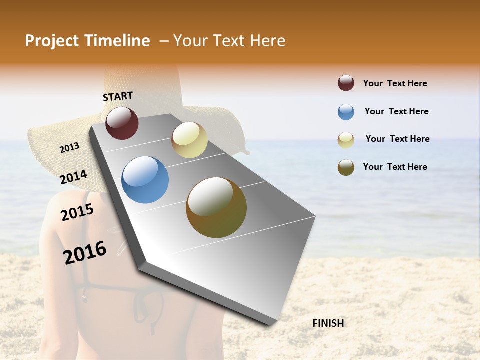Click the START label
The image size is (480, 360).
coord(118,96)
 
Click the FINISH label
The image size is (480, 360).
coord(328,323)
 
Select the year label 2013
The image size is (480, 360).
coord(69,148)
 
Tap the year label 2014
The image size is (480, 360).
coord(73,177)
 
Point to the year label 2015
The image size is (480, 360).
coord(77,212)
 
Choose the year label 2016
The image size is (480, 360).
coord(85,252)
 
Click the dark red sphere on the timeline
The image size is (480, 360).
coord(122,123)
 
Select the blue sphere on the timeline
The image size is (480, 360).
coord(145,180)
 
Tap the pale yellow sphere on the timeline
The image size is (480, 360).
coord(189,140)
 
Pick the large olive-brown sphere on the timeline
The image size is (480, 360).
coord(216,207)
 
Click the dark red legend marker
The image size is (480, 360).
coord(346,83)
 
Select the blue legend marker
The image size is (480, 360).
coord(346,112)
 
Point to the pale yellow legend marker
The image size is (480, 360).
coord(346,140)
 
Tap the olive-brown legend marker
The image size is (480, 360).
coord(346,167)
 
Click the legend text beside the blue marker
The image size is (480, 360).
coord(396,111)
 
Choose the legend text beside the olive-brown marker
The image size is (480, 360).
coord(395,167)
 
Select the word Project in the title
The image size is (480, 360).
coord(52,41)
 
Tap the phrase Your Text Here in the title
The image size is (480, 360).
coord(229,41)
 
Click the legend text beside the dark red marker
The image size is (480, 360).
coord(395,83)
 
